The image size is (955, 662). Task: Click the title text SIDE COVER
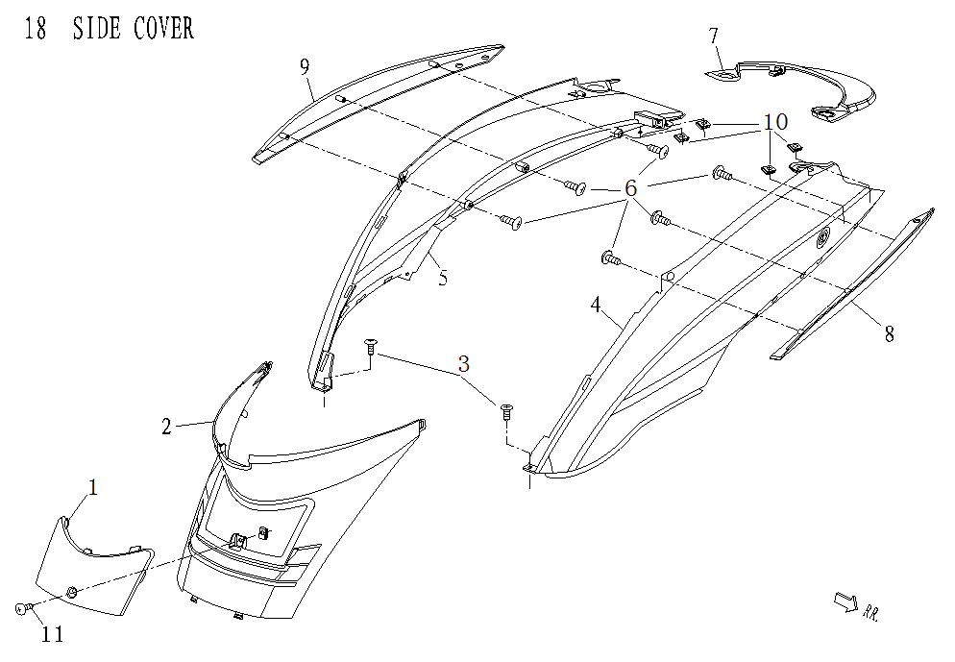click(x=135, y=29)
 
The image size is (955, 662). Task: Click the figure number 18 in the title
click(x=35, y=29)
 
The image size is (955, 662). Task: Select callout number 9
click(x=305, y=66)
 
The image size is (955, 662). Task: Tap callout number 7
click(x=714, y=37)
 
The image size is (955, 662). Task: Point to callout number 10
click(x=775, y=122)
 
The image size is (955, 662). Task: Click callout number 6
click(x=630, y=189)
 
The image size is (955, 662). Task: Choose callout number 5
click(x=442, y=280)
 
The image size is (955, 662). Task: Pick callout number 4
click(x=596, y=306)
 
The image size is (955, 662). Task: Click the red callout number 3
click(x=464, y=364)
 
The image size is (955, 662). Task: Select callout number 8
click(x=889, y=334)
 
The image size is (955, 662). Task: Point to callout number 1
click(x=93, y=488)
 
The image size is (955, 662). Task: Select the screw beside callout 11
click(x=25, y=608)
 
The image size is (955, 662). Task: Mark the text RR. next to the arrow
click(x=871, y=610)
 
